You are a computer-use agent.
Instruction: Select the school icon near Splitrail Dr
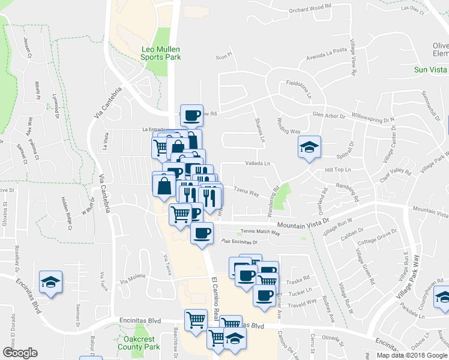coord(309,148)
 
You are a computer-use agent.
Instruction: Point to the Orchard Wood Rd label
coord(310,7)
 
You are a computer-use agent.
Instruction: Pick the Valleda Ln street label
coord(258,163)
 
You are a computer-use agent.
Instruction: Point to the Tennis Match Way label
coord(260,232)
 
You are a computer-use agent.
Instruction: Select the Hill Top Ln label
coord(337,170)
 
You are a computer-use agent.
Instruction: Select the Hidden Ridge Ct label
coord(68,214)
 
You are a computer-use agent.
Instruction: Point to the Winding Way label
coord(288,128)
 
